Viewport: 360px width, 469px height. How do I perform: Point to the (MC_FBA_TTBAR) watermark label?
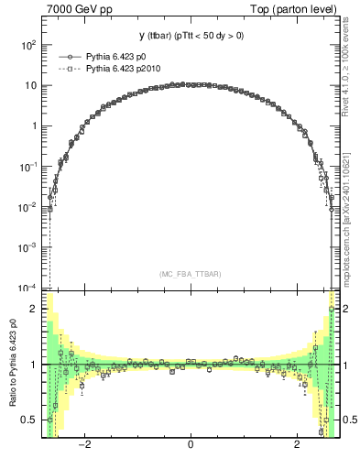click(190, 273)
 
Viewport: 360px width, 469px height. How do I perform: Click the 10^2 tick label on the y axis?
click(29, 45)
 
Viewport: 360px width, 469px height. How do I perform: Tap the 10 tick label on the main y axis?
click(31, 85)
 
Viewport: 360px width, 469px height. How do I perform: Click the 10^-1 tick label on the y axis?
click(28, 166)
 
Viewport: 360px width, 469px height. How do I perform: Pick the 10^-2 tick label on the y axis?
click(28, 206)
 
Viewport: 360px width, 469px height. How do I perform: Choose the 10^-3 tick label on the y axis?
click(28, 246)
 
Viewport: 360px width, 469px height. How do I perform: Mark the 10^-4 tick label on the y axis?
click(28, 287)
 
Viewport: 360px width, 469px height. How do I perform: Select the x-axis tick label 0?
click(190, 446)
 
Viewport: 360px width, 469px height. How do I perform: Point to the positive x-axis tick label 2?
click(297, 446)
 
